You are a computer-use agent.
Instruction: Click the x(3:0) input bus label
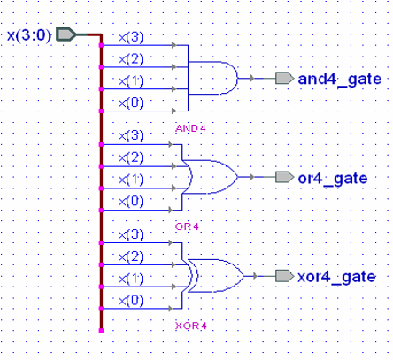[x=28, y=35]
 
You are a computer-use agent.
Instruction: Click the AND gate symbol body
[x=216, y=78]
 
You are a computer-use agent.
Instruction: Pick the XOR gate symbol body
[x=218, y=276]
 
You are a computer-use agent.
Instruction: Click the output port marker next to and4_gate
[x=284, y=79]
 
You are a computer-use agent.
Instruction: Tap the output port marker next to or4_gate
[x=284, y=178]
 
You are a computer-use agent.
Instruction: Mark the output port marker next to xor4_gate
[x=284, y=277]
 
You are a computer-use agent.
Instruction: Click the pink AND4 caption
[x=190, y=129]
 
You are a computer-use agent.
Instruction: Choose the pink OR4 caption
[x=188, y=227]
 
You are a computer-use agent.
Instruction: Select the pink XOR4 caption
[x=190, y=326]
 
